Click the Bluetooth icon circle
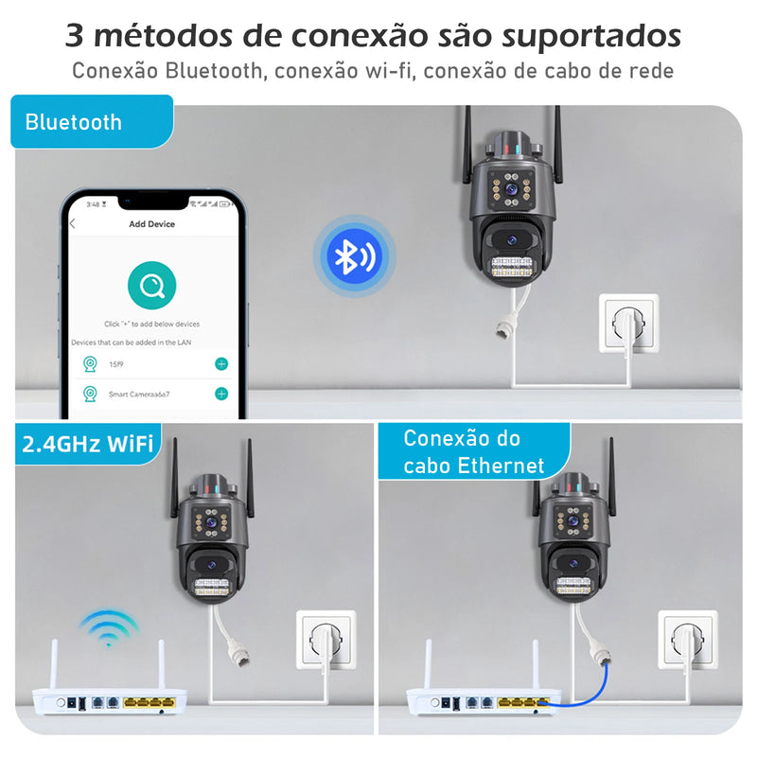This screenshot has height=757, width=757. (352, 256)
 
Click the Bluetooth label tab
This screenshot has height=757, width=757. (92, 122)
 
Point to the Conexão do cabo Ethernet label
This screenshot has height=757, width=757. (473, 451)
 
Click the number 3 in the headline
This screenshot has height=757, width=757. (76, 36)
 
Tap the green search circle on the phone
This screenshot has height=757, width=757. (151, 282)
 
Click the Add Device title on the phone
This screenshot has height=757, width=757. (151, 224)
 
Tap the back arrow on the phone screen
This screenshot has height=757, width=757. (73, 224)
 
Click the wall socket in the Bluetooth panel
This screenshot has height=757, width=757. (627, 323)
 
